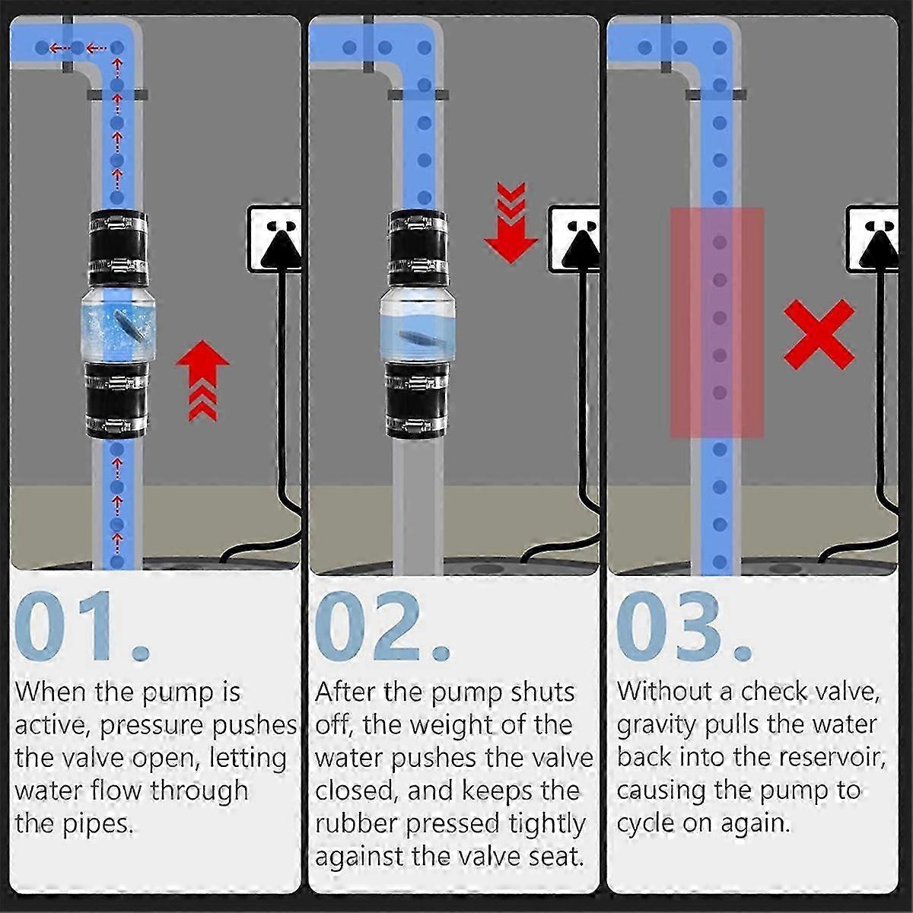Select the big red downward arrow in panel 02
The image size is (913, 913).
511,223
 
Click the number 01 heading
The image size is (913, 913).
81,626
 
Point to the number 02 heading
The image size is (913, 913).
382,626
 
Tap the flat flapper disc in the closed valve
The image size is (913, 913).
418,337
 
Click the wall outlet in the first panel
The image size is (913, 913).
275,238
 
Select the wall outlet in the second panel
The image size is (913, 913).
574,238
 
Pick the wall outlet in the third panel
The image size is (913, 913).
872,238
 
